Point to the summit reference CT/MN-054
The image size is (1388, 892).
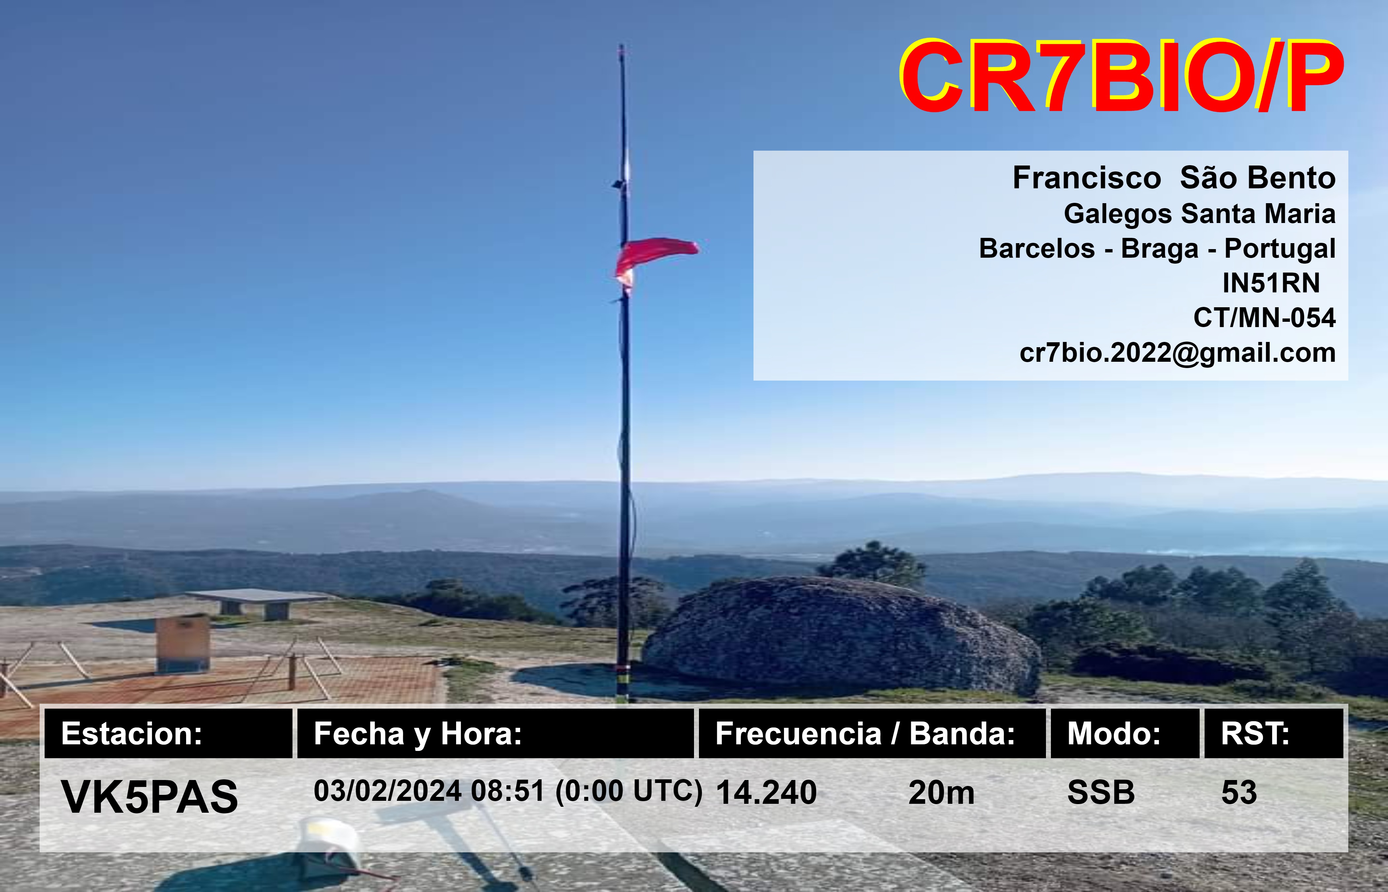click(x=1264, y=317)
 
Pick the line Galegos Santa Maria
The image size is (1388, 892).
click(x=1200, y=214)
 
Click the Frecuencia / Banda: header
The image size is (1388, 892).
click(x=865, y=733)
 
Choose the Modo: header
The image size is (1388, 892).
click(x=1113, y=733)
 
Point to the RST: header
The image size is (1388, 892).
click(x=1255, y=733)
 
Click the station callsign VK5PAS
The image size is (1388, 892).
click(x=149, y=797)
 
